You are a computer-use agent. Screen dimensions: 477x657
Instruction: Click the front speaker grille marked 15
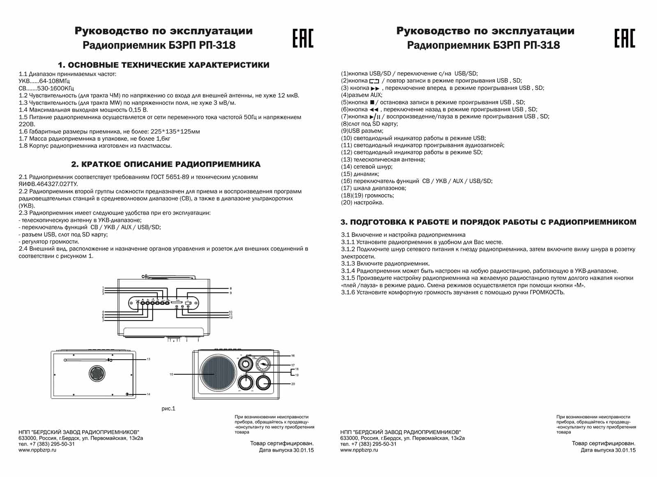click(x=218, y=374)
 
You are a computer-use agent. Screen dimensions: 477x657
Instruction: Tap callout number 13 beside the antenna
click(x=148, y=359)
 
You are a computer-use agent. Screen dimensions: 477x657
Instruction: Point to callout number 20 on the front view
click(x=293, y=384)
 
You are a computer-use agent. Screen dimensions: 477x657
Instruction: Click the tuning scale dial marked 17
click(x=262, y=364)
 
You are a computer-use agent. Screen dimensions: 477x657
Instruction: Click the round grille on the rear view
click(x=97, y=373)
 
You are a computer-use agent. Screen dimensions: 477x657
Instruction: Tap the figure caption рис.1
click(x=168, y=408)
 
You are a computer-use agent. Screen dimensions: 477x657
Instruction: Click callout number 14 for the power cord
click(x=148, y=394)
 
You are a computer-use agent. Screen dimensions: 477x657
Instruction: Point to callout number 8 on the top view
click(x=231, y=289)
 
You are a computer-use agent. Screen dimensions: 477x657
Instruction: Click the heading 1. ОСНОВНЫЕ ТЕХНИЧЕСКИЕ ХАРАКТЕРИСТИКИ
click(x=163, y=65)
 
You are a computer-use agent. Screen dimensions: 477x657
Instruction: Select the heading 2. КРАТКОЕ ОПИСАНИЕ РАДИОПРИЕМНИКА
click(x=166, y=164)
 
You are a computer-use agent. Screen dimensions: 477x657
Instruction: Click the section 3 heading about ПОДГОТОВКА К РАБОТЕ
click(x=488, y=222)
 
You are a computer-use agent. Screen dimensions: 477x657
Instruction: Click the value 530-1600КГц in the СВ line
click(x=55, y=88)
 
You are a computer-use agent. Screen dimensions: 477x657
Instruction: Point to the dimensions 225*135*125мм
click(x=172, y=131)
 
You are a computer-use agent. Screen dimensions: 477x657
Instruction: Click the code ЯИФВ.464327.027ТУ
click(x=48, y=184)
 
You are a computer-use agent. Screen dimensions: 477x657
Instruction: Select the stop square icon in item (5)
click(x=372, y=102)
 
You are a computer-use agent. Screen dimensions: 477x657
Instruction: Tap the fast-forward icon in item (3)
click(x=375, y=88)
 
